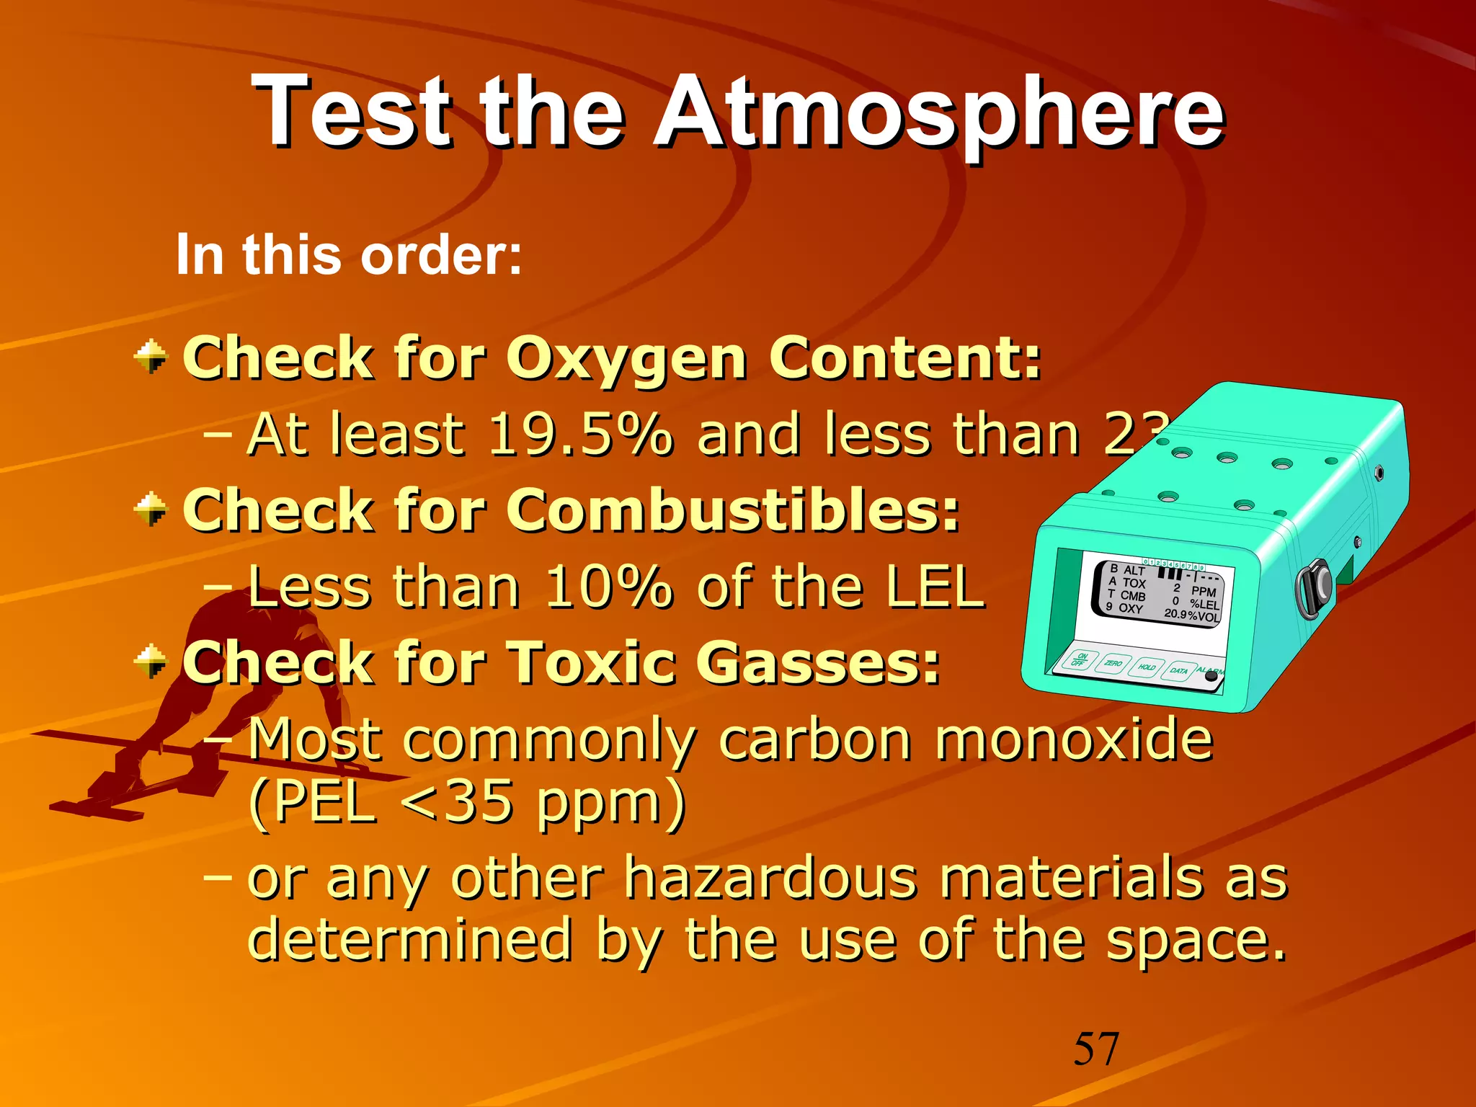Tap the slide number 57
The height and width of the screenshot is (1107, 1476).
[x=1096, y=1049]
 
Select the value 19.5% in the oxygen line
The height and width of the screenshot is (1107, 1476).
[x=579, y=435]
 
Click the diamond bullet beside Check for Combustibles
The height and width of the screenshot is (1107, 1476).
[x=151, y=510]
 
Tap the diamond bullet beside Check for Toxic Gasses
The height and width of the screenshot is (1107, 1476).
[x=151, y=662]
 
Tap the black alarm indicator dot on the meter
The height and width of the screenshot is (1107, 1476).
[x=1212, y=677]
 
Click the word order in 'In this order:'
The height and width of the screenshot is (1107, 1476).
[x=440, y=255]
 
